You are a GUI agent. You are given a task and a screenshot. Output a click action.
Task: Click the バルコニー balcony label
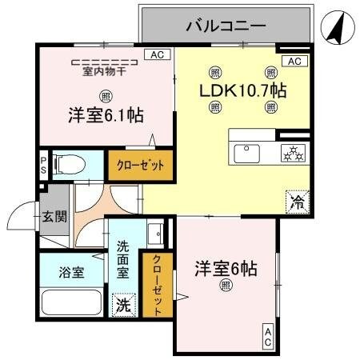point(226,26)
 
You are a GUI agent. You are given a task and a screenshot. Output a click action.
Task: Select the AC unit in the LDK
point(294,62)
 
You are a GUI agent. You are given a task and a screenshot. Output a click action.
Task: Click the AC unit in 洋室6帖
point(268,338)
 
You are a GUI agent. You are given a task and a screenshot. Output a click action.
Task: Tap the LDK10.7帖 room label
point(242,90)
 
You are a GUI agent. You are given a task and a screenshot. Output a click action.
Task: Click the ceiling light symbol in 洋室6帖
point(226,286)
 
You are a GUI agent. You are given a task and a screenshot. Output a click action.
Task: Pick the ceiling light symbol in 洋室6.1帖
point(106,96)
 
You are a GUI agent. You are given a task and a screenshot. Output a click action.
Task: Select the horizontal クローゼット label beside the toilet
point(141,166)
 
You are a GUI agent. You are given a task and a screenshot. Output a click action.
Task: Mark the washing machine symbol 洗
point(124,305)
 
